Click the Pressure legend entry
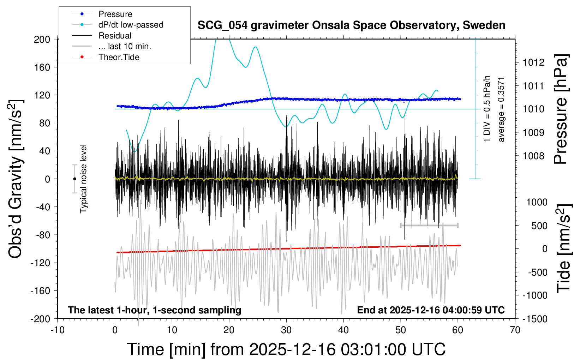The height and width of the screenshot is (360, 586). (x=115, y=14)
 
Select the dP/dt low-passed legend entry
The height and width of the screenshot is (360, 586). (x=131, y=25)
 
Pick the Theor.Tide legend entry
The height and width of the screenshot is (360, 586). (x=119, y=57)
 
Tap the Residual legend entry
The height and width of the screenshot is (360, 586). (x=115, y=36)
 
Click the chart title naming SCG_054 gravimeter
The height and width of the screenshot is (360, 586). (x=351, y=25)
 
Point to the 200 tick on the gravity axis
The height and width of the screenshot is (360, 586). (x=42, y=39)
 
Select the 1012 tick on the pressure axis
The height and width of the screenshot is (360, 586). (x=533, y=62)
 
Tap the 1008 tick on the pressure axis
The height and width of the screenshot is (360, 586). (x=533, y=156)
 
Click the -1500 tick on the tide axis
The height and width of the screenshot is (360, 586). (x=535, y=319)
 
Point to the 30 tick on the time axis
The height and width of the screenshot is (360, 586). (x=286, y=330)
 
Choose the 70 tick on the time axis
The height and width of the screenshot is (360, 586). (x=515, y=330)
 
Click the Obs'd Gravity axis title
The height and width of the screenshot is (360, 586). (x=16, y=179)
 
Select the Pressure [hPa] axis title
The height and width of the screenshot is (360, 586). (x=561, y=109)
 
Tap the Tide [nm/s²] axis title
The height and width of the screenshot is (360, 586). (x=564, y=248)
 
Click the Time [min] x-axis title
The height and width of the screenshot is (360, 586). (x=286, y=349)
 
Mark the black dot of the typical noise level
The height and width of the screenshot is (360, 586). (x=74, y=179)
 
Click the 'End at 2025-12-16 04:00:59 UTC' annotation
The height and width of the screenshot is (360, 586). (x=431, y=310)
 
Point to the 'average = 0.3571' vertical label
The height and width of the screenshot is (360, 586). (x=501, y=109)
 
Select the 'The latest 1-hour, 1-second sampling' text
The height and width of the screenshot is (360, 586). (x=154, y=310)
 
